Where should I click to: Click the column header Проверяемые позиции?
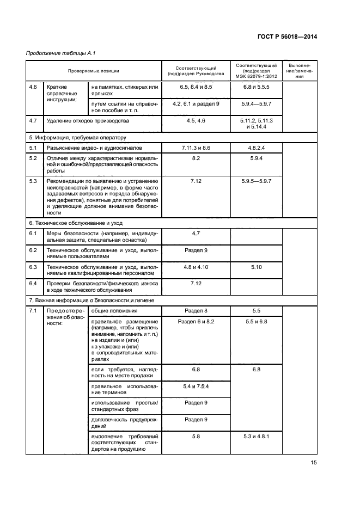tap(93, 71)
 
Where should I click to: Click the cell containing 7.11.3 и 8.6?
tap(196, 148)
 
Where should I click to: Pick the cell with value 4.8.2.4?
tap(255, 148)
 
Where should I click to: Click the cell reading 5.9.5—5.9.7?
tap(255, 181)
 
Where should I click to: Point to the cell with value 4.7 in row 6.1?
tap(196, 234)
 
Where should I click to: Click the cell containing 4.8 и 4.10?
tap(196, 267)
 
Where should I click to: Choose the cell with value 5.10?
tap(255, 267)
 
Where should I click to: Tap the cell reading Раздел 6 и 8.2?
tap(196, 322)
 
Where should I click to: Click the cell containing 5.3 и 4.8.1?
tap(255, 436)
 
